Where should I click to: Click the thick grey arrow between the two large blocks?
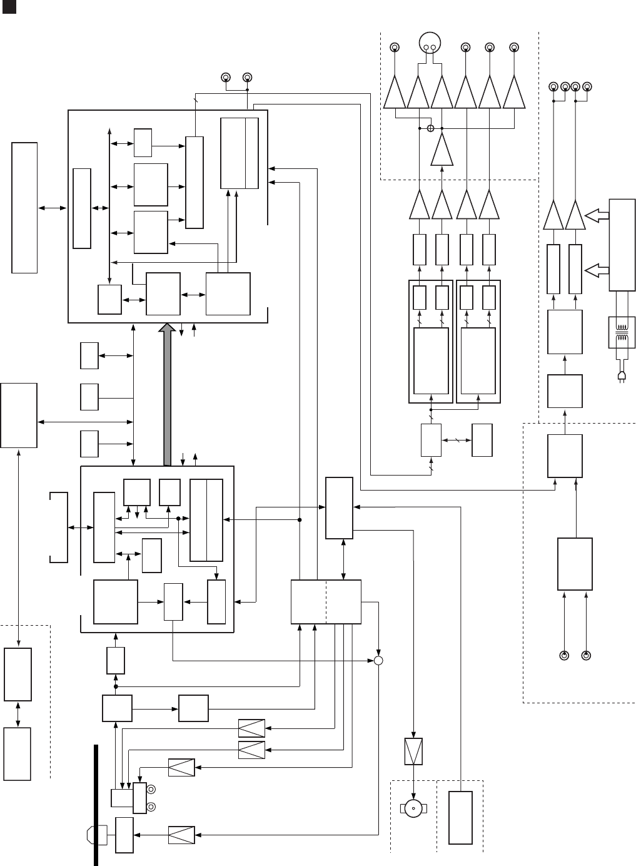(167, 394)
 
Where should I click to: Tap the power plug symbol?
(622, 375)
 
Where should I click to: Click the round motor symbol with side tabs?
(413, 809)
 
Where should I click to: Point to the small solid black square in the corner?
(6, 6)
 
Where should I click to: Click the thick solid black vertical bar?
(96, 804)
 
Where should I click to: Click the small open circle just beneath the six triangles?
(430, 128)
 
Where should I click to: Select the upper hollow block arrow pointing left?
(597, 216)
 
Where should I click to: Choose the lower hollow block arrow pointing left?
(597, 270)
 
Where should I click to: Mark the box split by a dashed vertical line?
(326, 601)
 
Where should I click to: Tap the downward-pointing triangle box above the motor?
(413, 751)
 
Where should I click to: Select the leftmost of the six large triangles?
(395, 93)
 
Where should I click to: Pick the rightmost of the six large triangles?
(513, 93)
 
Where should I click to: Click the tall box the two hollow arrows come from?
(622, 245)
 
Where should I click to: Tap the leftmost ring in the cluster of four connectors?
(553, 86)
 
